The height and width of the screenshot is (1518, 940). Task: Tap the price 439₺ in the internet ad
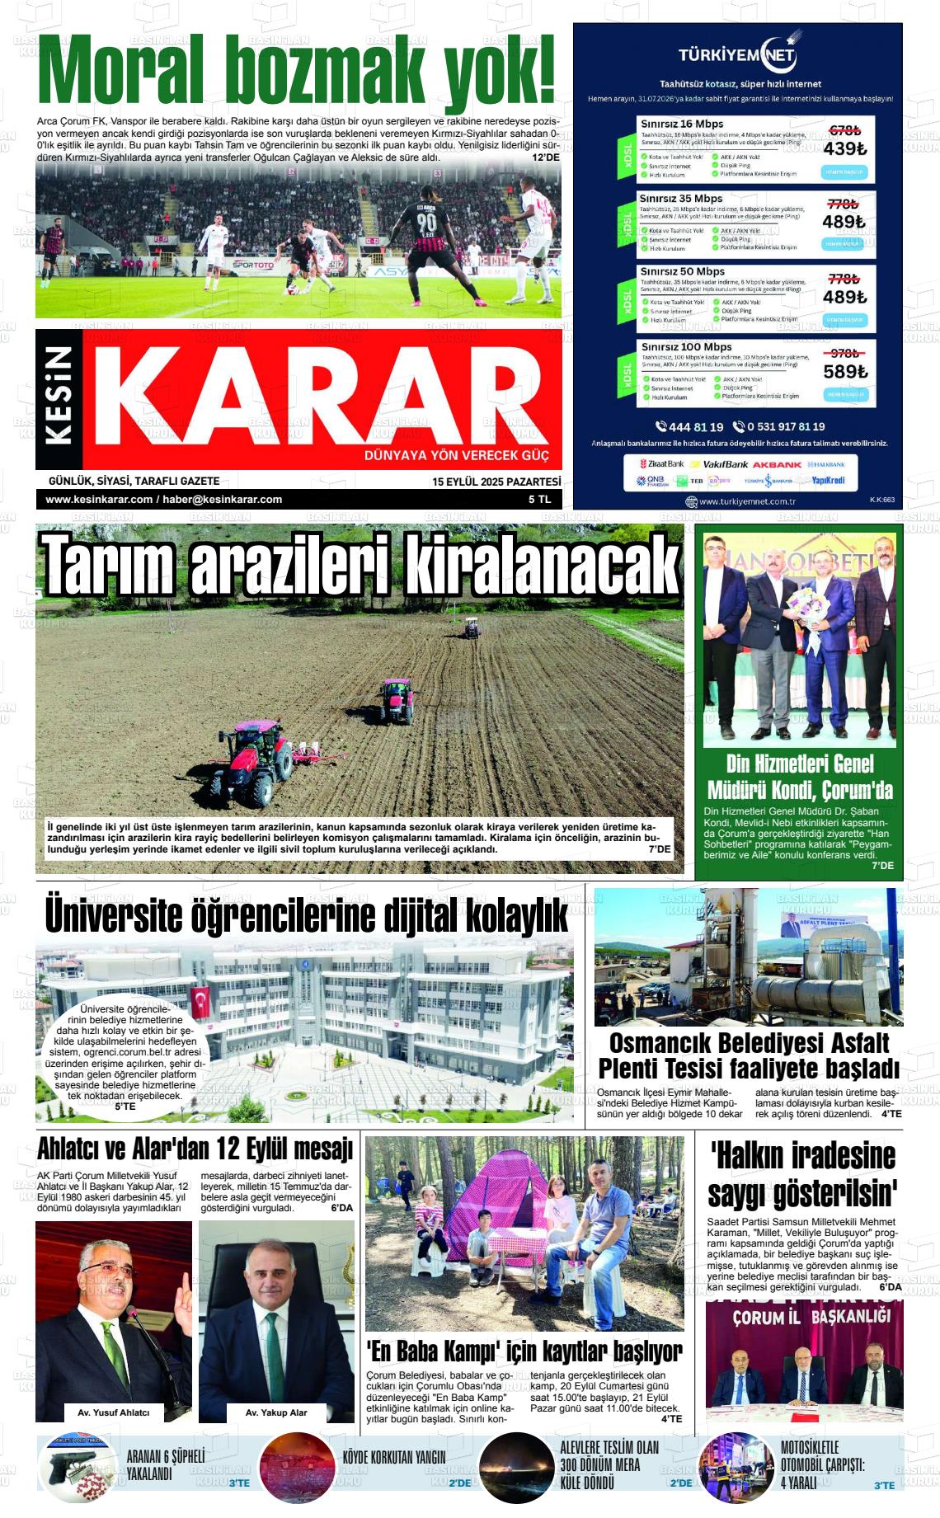[844, 148]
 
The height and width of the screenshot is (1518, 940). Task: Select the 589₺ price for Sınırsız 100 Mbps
[845, 372]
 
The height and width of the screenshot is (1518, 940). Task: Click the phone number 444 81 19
[690, 427]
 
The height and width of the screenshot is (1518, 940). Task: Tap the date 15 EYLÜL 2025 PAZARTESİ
[496, 482]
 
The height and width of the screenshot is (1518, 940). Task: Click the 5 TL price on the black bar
[540, 500]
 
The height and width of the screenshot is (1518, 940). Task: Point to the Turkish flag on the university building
[200, 1002]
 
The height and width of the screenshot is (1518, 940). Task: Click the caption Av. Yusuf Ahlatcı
[114, 1412]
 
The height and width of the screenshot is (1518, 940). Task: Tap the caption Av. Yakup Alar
[276, 1412]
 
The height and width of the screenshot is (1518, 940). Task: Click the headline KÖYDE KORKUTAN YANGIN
[394, 1458]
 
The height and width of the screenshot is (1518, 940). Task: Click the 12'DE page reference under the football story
[545, 157]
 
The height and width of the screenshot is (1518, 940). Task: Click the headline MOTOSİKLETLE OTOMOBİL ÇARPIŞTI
[822, 1464]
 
